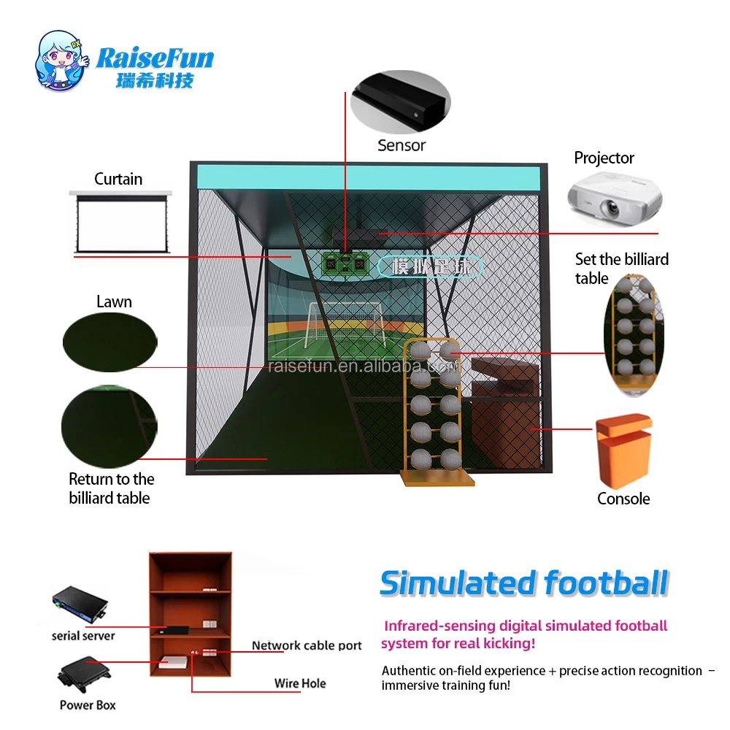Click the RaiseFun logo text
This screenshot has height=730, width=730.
(x=155, y=58)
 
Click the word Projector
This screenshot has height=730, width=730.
(x=604, y=158)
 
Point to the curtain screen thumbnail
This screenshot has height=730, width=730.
(x=121, y=221)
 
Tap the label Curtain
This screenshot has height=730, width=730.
(x=118, y=179)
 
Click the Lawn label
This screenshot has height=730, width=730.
(x=114, y=301)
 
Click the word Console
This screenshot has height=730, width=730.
(x=623, y=499)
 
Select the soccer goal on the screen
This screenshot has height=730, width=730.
(x=343, y=321)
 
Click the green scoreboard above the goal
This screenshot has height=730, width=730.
(x=347, y=264)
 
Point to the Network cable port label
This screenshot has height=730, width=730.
(x=307, y=645)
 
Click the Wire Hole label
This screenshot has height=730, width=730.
(x=300, y=683)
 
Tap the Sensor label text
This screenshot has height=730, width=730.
(x=401, y=145)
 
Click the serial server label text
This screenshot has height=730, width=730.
(x=83, y=636)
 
